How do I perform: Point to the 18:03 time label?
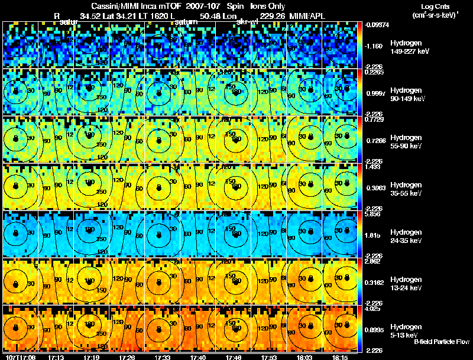coord(305,356)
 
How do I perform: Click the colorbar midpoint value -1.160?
coord(374,46)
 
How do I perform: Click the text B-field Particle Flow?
coord(441,342)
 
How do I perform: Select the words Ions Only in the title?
coord(268,6)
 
